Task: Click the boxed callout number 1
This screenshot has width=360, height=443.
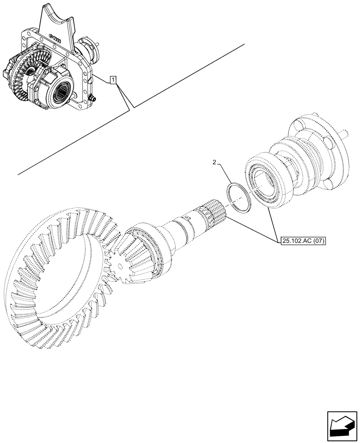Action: (113, 80)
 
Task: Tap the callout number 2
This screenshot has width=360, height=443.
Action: (215, 163)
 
